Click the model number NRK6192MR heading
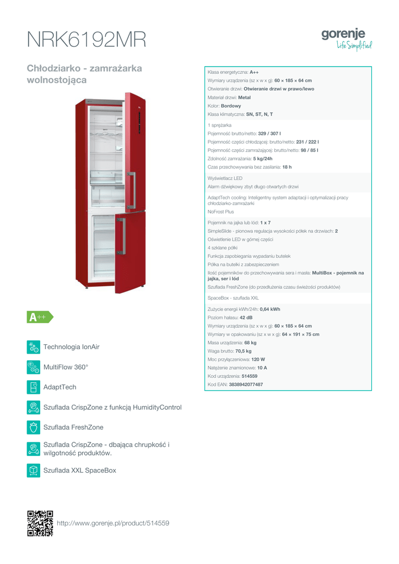[87, 40]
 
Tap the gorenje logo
[347, 39]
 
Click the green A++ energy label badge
[40, 317]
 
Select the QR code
[40, 523]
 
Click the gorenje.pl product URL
[113, 523]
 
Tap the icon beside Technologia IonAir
[34, 347]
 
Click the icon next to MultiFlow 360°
[34, 367]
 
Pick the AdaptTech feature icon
[34, 387]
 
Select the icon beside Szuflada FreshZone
[34, 427]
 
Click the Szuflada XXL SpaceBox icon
[34, 470]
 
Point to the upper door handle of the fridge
[131, 190]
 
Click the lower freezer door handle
[121, 236]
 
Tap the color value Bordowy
[231, 106]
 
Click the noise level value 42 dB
[246, 318]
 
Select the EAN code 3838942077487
[246, 384]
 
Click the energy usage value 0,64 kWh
[270, 310]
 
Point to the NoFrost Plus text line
[220, 212]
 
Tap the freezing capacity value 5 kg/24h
[263, 159]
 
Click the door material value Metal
[244, 97]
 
